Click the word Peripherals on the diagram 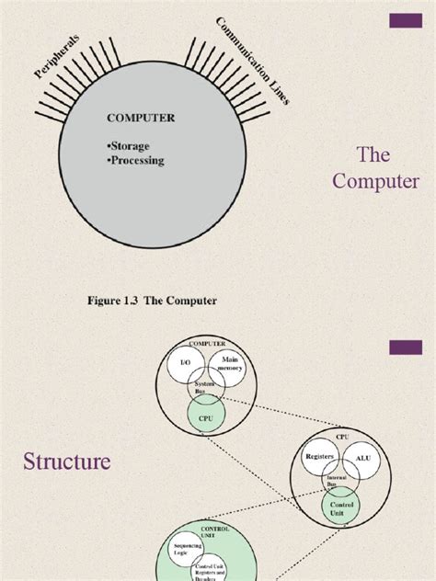[58, 58]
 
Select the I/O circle [185, 365]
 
